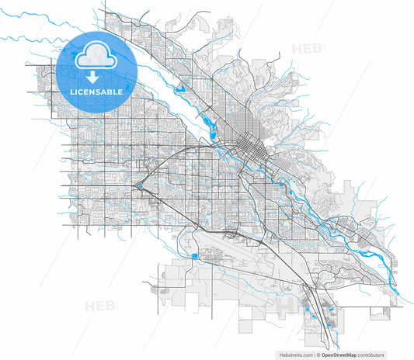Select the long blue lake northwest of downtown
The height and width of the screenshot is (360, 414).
click(x=208, y=119)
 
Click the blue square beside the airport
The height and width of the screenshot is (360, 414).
click(x=194, y=255)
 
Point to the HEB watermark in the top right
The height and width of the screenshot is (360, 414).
click(x=304, y=50)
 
